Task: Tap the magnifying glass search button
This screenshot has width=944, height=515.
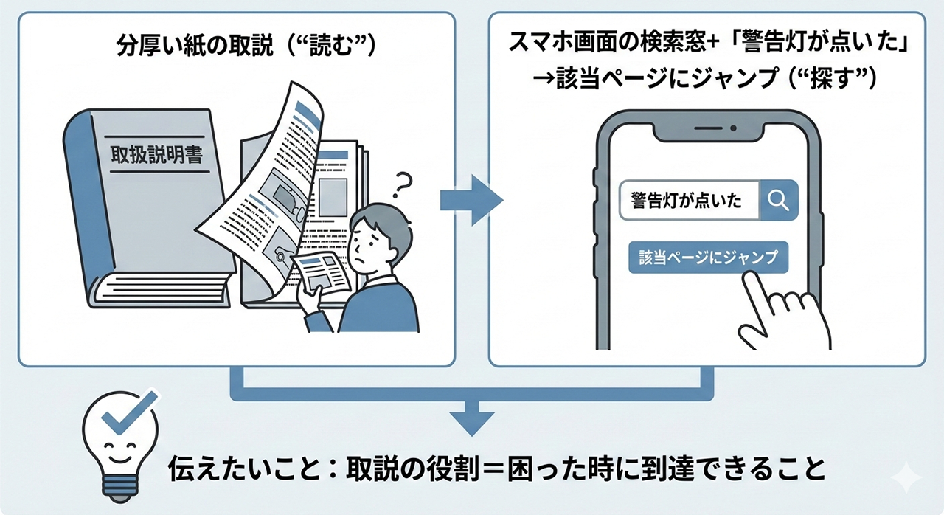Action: [779, 199]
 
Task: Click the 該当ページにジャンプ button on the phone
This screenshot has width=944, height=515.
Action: [708, 258]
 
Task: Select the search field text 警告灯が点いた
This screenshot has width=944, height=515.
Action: [687, 200]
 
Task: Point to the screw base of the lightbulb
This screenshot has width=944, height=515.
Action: [120, 484]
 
